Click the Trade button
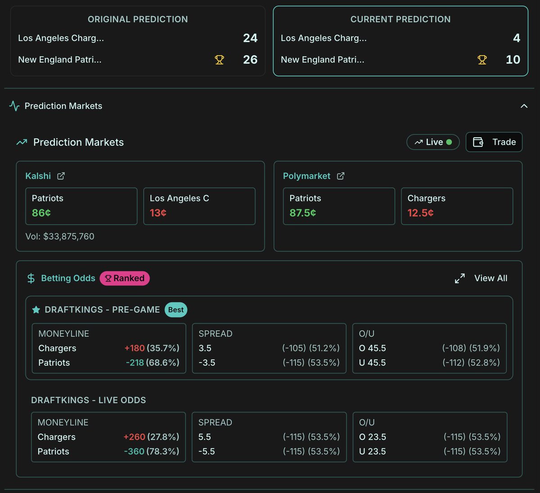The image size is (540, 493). (x=494, y=142)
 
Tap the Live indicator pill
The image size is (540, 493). (x=433, y=142)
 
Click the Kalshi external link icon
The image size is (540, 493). (x=61, y=176)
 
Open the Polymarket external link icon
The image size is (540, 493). (x=341, y=176)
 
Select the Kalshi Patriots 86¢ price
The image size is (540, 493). (x=41, y=213)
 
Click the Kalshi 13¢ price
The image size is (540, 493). (x=158, y=213)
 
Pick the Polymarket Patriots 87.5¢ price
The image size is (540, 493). (x=302, y=213)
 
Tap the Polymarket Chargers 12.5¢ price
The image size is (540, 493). (x=420, y=213)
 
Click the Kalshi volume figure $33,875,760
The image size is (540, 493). (x=69, y=237)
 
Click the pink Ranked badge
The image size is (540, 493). (x=125, y=278)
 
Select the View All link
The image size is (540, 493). (x=490, y=278)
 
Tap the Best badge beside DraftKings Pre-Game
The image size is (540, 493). (x=176, y=310)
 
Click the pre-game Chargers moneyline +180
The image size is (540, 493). (x=135, y=348)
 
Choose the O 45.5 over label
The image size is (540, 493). (x=373, y=348)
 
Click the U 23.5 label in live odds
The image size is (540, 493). (x=373, y=451)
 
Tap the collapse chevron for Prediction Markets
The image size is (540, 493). (x=524, y=106)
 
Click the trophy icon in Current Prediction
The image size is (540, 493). (x=482, y=60)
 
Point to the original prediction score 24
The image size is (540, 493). (x=250, y=38)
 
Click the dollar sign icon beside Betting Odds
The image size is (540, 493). (x=31, y=278)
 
